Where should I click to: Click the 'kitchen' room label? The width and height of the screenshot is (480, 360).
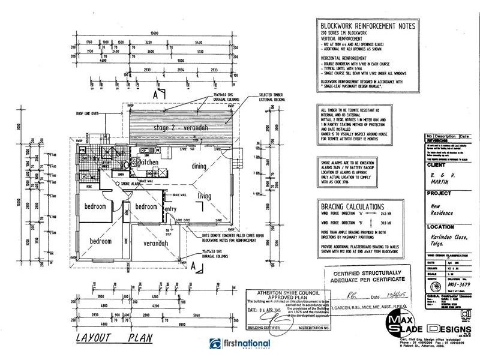click(x=147, y=163)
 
